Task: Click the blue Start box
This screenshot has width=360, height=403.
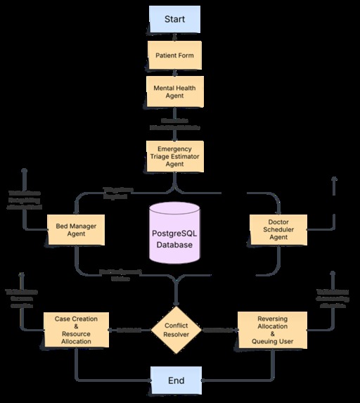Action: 175,19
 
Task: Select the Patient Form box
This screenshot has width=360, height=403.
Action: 175,54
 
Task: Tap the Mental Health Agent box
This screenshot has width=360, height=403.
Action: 175,90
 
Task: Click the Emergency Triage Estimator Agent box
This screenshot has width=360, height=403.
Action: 175,156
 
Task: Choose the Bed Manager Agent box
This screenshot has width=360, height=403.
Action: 76,230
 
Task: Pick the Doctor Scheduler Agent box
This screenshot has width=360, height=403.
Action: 278,229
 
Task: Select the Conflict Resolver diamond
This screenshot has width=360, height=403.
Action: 176,329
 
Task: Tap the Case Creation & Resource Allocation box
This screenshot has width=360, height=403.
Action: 77,329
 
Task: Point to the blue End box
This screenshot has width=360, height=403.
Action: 176,380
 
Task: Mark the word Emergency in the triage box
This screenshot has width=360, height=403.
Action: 175,148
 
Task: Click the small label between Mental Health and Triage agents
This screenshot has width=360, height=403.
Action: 175,124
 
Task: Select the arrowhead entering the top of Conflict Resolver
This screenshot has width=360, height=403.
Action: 176,301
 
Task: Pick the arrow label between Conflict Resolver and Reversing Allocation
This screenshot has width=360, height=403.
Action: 218,329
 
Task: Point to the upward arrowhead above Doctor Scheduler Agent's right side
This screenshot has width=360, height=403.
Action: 333,179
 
